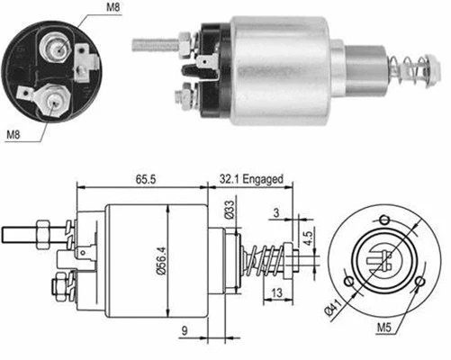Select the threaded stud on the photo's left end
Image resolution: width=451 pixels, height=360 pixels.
[155, 40]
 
